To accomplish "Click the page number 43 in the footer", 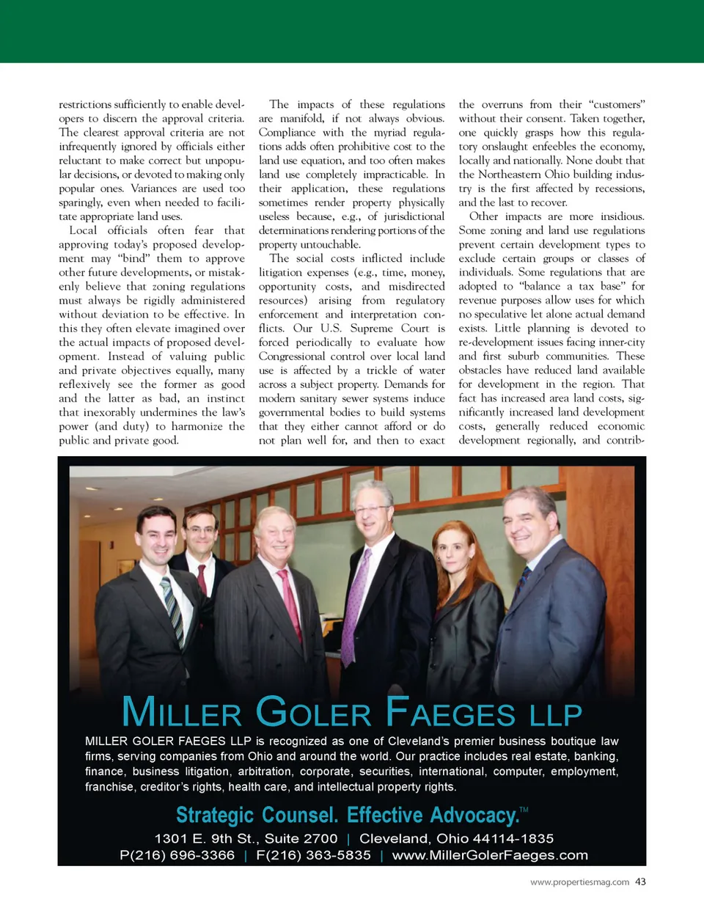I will [640, 881].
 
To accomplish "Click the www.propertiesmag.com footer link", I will [579, 882].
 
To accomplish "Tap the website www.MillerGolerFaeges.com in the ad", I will [490, 855].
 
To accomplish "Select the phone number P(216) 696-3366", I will [177, 855].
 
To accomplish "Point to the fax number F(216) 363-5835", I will [313, 855].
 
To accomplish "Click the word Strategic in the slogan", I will [214, 815].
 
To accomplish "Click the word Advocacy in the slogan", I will [474, 815].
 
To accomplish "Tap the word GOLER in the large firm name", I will [313, 712].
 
